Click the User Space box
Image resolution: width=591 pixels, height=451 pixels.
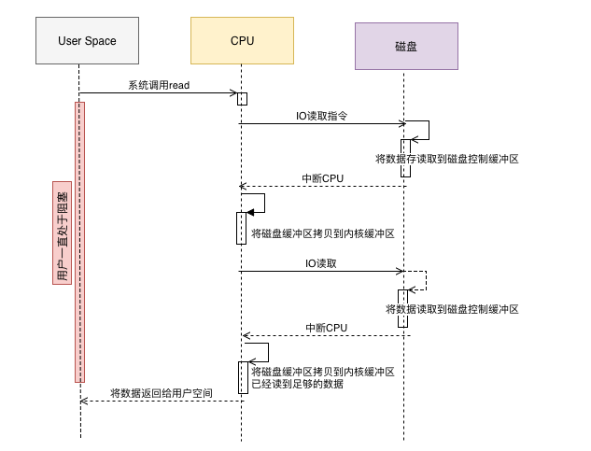click(x=87, y=41)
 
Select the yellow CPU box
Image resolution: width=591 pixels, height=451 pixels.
click(x=242, y=41)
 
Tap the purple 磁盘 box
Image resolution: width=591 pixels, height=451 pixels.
click(x=406, y=45)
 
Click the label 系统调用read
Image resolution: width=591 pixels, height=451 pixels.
click(x=160, y=86)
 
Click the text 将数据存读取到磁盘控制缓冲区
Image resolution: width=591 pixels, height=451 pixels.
click(x=446, y=160)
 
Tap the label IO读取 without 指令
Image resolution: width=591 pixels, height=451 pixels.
click(x=321, y=264)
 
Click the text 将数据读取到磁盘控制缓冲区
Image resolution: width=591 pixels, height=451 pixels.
click(x=452, y=308)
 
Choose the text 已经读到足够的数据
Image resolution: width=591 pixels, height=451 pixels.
click(x=291, y=384)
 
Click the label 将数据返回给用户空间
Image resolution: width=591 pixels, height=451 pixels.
click(x=161, y=393)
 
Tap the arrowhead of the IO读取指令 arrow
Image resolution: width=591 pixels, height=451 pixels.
click(x=401, y=123)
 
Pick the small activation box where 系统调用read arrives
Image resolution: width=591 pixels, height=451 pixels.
click(x=242, y=99)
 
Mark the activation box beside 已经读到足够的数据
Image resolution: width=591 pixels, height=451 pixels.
click(x=243, y=376)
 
